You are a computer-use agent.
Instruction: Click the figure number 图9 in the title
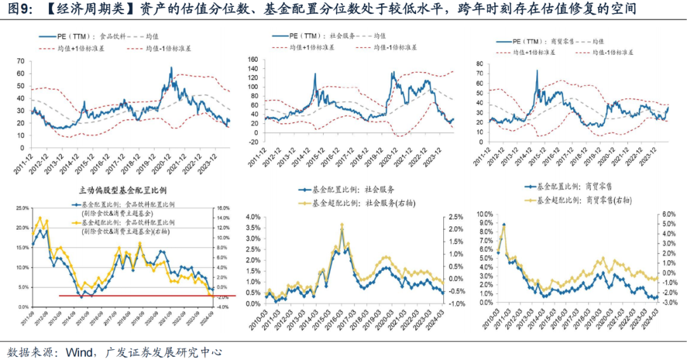[17, 10]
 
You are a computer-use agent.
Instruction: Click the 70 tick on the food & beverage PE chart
[20, 62]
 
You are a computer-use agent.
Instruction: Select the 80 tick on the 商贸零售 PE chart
[478, 64]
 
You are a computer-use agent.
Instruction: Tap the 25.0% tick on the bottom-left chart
[22, 208]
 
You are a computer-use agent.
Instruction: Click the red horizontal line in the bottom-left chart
[146, 295]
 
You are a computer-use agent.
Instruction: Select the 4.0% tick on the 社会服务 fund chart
[253, 217]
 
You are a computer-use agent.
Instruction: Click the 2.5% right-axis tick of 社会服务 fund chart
[454, 217]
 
